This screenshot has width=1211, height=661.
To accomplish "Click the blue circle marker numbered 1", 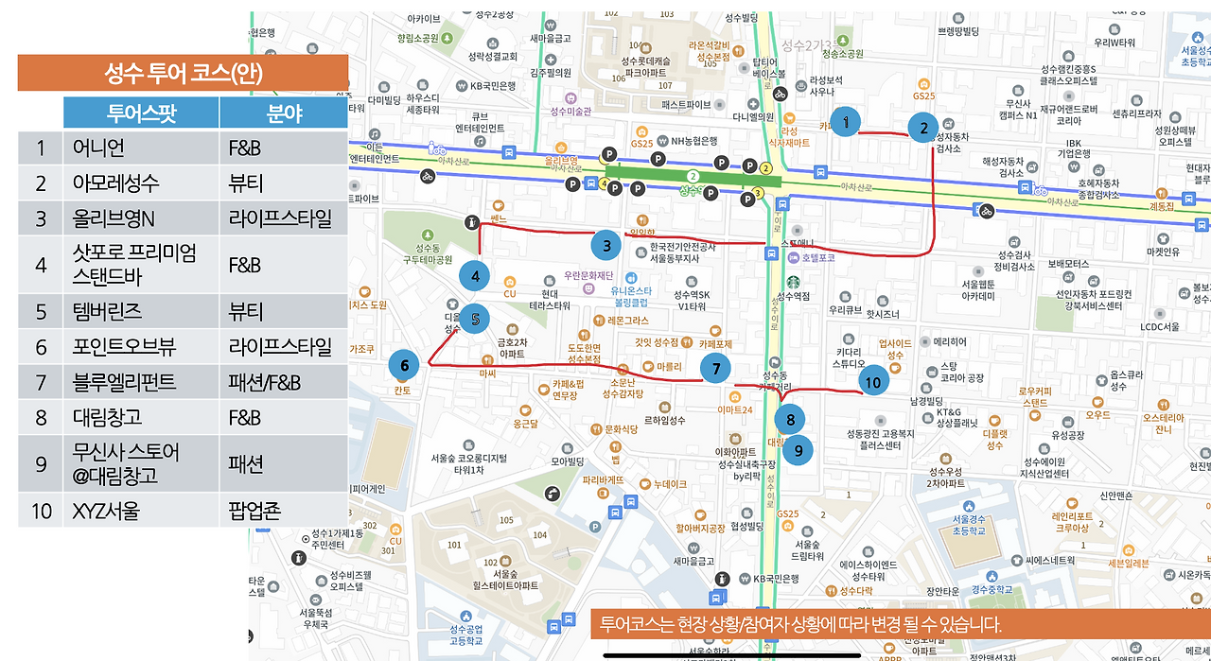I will tap(845, 121).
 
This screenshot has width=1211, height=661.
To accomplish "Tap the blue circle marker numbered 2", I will tap(923, 127).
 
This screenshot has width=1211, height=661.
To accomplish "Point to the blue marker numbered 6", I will tap(404, 365).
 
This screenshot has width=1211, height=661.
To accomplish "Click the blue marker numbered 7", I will tap(716, 369).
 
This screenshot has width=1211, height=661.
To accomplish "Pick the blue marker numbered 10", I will tap(872, 382).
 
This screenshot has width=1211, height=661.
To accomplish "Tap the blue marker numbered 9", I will tap(798, 450).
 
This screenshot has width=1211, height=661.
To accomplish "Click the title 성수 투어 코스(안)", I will tap(183, 73).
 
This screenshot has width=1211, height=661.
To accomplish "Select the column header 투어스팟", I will tap(141, 113).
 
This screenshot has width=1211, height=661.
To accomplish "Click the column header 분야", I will tap(283, 113).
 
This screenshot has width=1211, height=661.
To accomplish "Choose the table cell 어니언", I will tap(99, 148).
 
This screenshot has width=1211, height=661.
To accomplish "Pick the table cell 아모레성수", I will tap(115, 183).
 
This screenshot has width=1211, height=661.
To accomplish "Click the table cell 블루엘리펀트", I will tap(124, 382).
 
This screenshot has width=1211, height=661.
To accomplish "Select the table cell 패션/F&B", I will tap(264, 382).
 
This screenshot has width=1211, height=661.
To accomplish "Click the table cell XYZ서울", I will tap(106, 511).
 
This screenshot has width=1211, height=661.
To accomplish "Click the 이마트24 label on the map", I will tap(734, 409).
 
